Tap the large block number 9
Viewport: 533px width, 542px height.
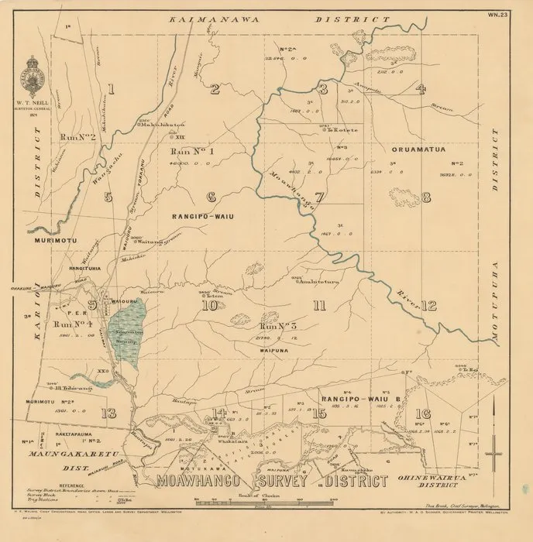[92, 304]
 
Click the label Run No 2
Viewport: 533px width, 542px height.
[77, 137]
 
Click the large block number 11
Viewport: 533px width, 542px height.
[318, 305]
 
